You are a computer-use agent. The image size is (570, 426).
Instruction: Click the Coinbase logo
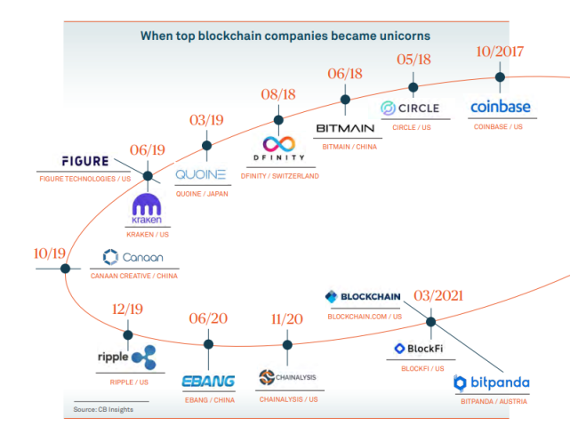(x=500, y=108)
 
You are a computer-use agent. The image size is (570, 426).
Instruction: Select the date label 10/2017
(x=499, y=51)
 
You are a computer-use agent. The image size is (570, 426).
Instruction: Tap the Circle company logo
(x=413, y=109)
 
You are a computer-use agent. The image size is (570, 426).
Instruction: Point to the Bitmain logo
(x=345, y=128)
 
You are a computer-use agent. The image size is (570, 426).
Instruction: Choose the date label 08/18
(x=277, y=93)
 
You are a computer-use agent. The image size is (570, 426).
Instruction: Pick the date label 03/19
(x=206, y=120)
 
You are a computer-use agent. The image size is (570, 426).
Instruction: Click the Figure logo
(x=85, y=162)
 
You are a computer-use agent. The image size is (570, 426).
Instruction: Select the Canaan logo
(x=132, y=258)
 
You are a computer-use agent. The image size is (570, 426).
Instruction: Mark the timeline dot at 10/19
(x=66, y=269)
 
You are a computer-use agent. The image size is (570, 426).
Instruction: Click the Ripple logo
(x=126, y=358)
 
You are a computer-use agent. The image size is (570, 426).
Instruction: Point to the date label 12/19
(x=128, y=311)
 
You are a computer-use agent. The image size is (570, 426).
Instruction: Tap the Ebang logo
(x=208, y=381)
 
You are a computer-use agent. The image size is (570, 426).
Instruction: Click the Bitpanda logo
(x=491, y=383)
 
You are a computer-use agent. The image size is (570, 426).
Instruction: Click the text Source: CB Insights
(x=104, y=409)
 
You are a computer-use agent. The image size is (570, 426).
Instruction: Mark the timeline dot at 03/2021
(x=430, y=322)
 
